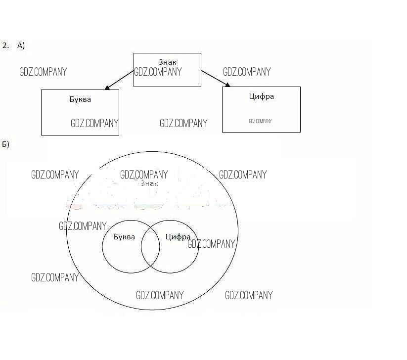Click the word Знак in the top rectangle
[167, 62]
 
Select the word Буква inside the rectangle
[80, 99]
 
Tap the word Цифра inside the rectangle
[261, 96]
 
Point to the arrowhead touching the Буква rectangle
[107, 88]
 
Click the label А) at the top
[21, 45]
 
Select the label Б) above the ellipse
[6, 144]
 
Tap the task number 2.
[5, 45]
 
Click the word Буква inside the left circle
[124, 237]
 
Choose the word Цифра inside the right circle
[178, 237]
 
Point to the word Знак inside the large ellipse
[149, 183]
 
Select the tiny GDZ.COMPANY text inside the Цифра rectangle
[260, 121]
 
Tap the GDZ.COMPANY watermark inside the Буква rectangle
[94, 123]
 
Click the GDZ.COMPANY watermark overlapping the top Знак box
[158, 72]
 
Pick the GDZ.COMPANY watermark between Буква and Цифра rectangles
[183, 123]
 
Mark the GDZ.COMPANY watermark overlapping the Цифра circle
[211, 244]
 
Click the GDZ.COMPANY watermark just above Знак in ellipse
[144, 175]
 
